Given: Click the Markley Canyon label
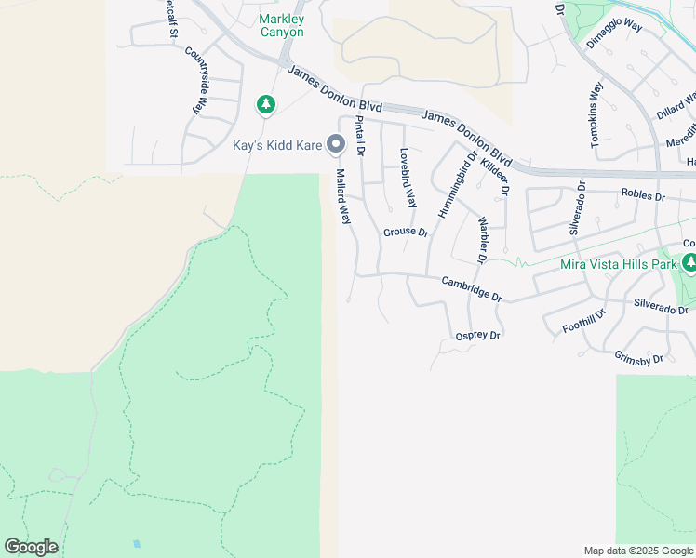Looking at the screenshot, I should coord(281,25).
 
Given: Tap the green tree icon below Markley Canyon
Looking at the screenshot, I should coord(266,104).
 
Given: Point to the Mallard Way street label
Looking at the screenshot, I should coord(343,196).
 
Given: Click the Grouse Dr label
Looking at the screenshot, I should coord(405,232).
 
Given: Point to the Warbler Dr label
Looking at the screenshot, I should coord(483,240).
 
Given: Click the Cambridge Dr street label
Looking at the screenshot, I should coord(472,289).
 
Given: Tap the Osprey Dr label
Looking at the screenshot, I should coord(478,336).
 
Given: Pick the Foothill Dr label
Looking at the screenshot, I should coord(584,321).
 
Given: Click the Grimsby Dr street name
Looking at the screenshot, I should coord(638,357).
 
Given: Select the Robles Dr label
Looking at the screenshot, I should coord(643,196).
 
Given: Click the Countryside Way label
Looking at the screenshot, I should coord(197,80).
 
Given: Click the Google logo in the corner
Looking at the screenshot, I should coord(31,547).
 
